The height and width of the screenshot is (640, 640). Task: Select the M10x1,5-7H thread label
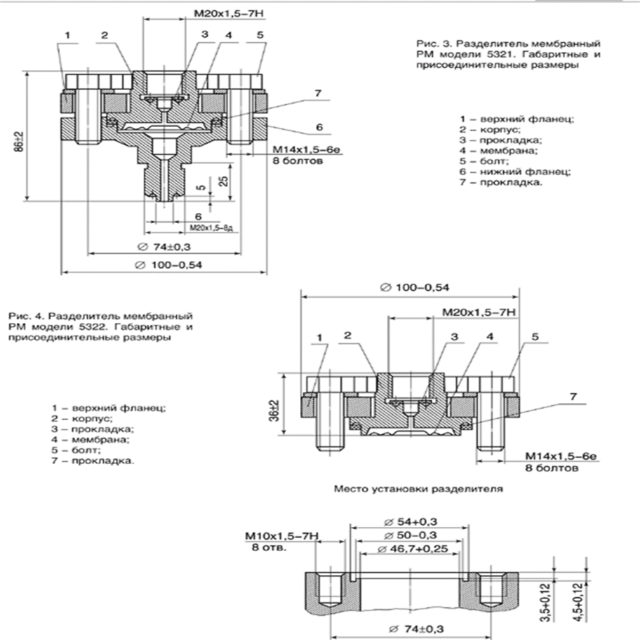coord(281,536)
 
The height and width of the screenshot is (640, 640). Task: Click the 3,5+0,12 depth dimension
coord(565,597)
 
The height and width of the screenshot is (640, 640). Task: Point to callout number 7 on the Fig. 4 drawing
coord(573,396)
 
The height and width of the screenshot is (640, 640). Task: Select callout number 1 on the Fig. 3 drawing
coord(68,35)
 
